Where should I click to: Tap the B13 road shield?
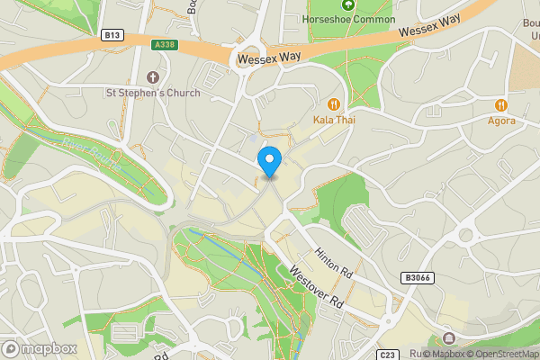coord(112,35)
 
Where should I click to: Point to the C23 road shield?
coord(388,355)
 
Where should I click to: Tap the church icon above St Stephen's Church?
coord(152,77)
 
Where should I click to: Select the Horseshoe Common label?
coord(349,19)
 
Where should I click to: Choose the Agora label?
coord(502,120)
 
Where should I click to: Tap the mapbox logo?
coord(40,348)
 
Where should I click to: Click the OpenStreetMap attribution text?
coord(504,354)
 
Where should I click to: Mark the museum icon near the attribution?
coord(449,338)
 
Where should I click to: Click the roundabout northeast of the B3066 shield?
coord(465,235)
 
